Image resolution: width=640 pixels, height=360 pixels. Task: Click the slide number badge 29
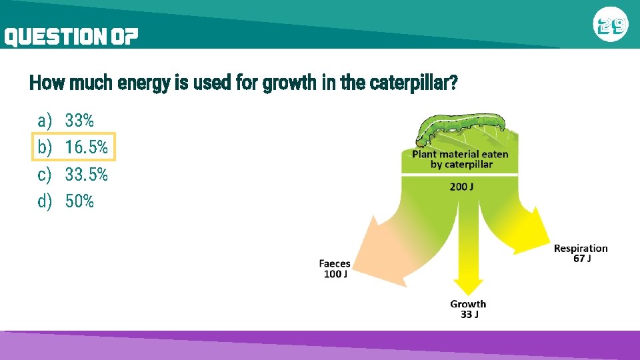pyautogui.click(x=611, y=25)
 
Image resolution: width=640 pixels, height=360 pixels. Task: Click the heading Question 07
pyautogui.click(x=71, y=37)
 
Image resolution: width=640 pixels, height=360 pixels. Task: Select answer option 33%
pyautogui.click(x=79, y=121)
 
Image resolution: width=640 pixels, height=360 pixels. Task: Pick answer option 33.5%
pyautogui.click(x=86, y=174)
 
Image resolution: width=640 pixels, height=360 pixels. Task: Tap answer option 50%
pyautogui.click(x=79, y=201)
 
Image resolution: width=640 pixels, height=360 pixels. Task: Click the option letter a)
pyautogui.click(x=45, y=121)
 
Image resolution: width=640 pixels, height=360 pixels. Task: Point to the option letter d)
pyautogui.click(x=45, y=201)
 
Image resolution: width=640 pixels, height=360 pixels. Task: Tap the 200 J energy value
pyautogui.click(x=461, y=187)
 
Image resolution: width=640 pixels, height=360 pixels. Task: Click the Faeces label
pyautogui.click(x=334, y=264)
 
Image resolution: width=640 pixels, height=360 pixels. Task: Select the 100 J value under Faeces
pyautogui.click(x=335, y=274)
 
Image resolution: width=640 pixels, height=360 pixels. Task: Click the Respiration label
pyautogui.click(x=581, y=249)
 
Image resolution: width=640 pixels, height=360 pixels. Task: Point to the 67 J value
pyautogui.click(x=581, y=259)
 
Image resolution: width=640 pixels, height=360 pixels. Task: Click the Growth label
pyautogui.click(x=468, y=305)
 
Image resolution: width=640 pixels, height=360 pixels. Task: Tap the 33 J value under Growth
pyautogui.click(x=469, y=315)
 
